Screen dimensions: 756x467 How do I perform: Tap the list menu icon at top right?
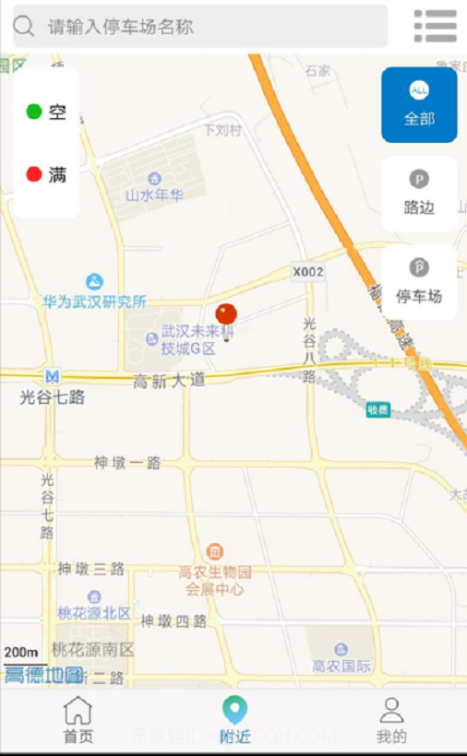(435, 26)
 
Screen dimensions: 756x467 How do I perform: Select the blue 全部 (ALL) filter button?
(419, 104)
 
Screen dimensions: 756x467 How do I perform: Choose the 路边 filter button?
(419, 194)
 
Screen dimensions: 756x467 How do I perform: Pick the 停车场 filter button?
(419, 282)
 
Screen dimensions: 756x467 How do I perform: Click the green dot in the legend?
(34, 112)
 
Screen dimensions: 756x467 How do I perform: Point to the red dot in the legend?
(34, 174)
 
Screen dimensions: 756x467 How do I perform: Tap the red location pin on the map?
(226, 317)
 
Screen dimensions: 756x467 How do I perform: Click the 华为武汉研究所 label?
(94, 301)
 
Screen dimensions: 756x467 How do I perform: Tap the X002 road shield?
(308, 272)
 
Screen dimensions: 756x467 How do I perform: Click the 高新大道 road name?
(169, 381)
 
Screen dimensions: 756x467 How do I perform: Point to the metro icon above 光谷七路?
(53, 376)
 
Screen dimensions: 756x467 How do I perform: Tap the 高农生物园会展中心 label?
(215, 580)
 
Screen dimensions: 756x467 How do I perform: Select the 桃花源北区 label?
(94, 613)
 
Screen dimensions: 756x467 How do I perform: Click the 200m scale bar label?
(20, 653)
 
